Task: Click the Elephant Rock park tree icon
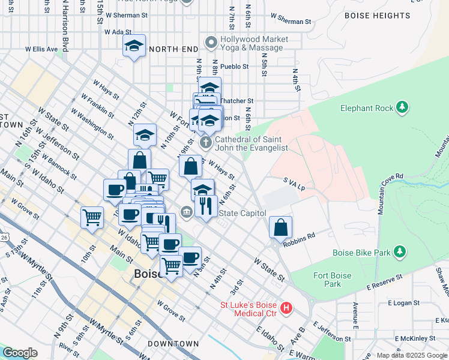coord(402,108)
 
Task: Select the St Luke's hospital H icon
coord(286,309)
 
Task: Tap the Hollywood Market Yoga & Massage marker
coord(210,43)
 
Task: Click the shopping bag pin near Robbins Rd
coord(280,227)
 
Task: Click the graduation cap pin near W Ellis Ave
coord(134,46)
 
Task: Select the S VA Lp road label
coord(294,188)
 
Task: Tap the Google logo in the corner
coord(20,353)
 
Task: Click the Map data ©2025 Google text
coord(412,355)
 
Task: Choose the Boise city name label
coord(146,274)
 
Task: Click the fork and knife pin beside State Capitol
coord(206,206)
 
